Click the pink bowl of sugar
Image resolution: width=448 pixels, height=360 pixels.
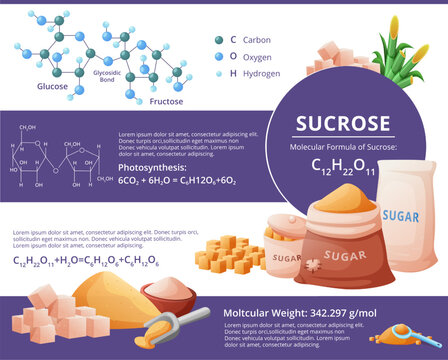pos(166,296)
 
